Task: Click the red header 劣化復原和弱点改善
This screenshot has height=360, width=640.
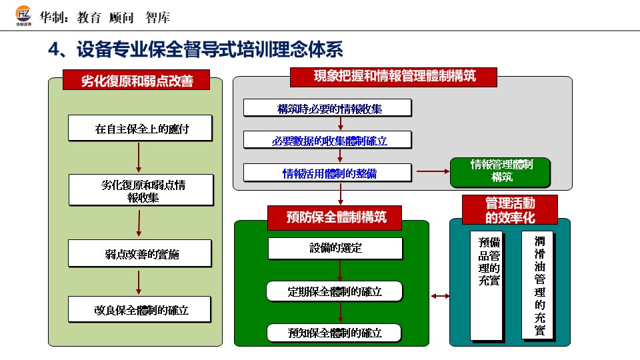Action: click(137, 81)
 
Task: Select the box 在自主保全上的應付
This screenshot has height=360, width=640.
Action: click(140, 128)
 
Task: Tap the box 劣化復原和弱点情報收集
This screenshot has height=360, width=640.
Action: click(141, 191)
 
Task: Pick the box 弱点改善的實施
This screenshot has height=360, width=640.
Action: click(140, 253)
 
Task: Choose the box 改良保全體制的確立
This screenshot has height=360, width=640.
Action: click(140, 310)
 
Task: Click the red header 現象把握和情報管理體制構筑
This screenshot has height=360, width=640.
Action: click(394, 76)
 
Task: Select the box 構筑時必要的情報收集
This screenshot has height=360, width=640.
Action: click(327, 107)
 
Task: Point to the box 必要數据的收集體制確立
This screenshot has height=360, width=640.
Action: click(327, 139)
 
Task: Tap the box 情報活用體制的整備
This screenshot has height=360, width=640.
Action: click(327, 173)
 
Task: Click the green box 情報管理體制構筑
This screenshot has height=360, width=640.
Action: click(501, 171)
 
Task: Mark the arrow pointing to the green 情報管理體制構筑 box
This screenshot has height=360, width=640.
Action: click(433, 172)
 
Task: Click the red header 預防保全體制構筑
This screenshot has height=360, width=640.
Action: click(336, 217)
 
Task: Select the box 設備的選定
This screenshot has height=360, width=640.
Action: click(335, 248)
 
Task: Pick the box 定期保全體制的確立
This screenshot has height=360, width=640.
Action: click(335, 291)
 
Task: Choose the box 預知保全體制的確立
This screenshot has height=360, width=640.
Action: click(335, 333)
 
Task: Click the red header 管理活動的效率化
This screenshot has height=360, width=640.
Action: click(510, 209)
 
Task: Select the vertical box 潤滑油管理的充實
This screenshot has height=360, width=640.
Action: click(538, 285)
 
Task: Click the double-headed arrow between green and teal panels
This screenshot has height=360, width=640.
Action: click(440, 295)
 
